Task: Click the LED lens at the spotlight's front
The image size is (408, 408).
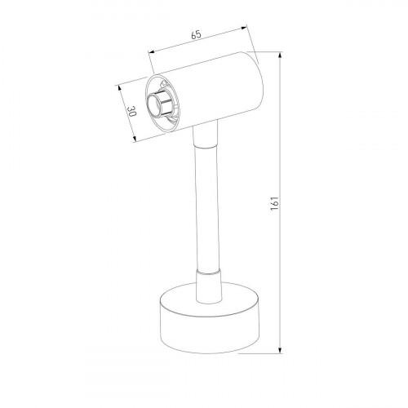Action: pyautogui.click(x=154, y=104)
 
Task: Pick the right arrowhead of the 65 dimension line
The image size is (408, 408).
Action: pyautogui.click(x=248, y=31)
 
